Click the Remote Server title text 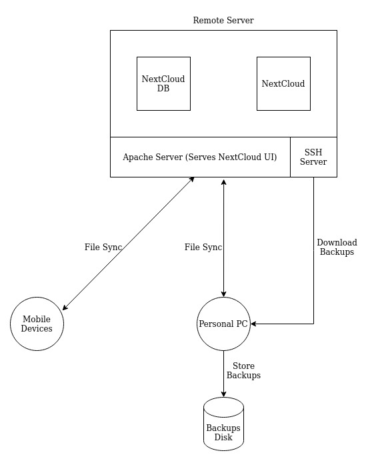pyautogui.click(x=223, y=20)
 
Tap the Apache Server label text pyautogui.click(x=200, y=157)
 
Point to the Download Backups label pyautogui.click(x=337, y=247)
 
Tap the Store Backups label pyautogui.click(x=243, y=370)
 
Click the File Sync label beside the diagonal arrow pyautogui.click(x=103, y=247)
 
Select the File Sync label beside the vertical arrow pyautogui.click(x=203, y=247)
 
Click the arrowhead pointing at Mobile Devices pyautogui.click(x=65, y=307)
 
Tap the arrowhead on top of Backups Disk pyautogui.click(x=223, y=394)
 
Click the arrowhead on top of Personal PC pyautogui.click(x=223, y=294)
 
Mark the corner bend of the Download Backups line pyautogui.click(x=313, y=324)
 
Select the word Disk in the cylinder pyautogui.click(x=223, y=437)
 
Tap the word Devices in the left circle pyautogui.click(x=37, y=328)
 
